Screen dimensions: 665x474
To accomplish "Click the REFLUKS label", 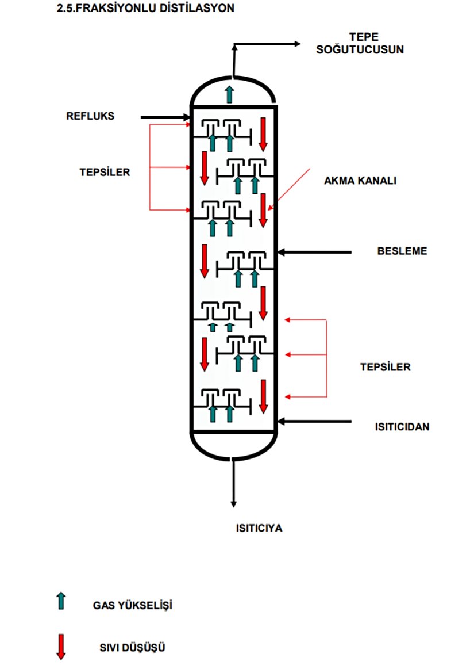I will tap(90, 116).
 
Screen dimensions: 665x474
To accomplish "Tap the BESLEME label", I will tap(402, 251).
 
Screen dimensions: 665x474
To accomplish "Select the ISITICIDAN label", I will tap(402, 427).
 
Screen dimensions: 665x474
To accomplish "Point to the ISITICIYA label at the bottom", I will tap(259, 528).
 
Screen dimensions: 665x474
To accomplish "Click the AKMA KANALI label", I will tap(361, 180).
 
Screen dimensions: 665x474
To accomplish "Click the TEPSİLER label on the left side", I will tap(105, 171).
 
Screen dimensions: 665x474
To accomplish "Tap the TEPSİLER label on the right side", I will tap(386, 366).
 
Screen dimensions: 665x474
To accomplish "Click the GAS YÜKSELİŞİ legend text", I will tap(133, 606).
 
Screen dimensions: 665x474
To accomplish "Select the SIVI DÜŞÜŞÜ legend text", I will tap(132, 648).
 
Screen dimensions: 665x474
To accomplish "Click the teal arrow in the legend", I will tap(62, 601).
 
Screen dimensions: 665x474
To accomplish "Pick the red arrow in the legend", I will tap(61, 646).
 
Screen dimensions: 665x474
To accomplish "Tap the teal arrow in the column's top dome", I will tap(230, 93).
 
